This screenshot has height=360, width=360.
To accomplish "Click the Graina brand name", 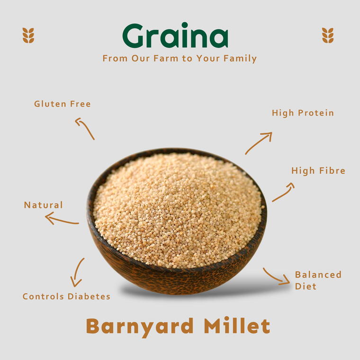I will click(x=175, y=36).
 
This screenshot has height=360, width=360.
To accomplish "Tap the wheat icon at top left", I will click(x=28, y=35).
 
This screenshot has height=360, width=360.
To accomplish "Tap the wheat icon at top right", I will click(x=328, y=35).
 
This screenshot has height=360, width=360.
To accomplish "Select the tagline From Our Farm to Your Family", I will click(x=180, y=59).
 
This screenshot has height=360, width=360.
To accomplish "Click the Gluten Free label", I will click(x=62, y=104).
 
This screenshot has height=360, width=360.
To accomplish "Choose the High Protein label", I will click(x=303, y=113).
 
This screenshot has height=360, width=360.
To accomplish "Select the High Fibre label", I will click(x=318, y=171).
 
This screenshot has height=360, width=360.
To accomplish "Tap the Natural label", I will click(x=43, y=205).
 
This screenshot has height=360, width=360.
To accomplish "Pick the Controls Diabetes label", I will click(x=66, y=297).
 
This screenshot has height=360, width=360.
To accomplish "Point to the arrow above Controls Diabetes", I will click(x=77, y=272).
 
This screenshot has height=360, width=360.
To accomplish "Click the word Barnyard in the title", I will click(x=140, y=326).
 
